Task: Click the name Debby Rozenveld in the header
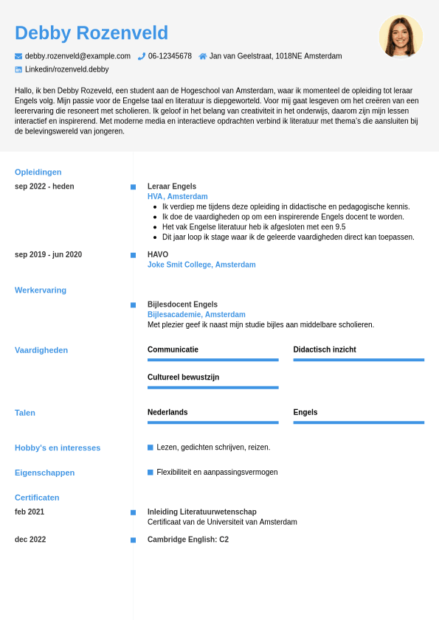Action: pos(91,33)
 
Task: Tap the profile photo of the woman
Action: pos(401,36)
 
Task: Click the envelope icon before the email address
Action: pos(18,56)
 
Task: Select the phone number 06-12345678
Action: pos(170,56)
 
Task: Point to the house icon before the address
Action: pos(203,56)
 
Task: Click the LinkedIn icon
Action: pos(18,69)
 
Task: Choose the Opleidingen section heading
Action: pos(38,172)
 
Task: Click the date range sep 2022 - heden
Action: pos(44,187)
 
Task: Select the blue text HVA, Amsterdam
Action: pos(177,197)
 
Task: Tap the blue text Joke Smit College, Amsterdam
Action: pos(201,265)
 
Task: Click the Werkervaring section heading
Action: pos(41,290)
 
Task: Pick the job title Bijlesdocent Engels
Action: pos(182,304)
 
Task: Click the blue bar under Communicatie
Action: pos(212,360)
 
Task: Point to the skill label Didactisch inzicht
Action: pos(325,349)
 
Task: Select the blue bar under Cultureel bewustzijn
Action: pos(212,387)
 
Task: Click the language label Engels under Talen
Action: pos(305,412)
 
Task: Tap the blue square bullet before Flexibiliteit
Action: pos(151,472)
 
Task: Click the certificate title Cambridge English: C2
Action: pos(188,540)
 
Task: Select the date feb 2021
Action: pos(30,512)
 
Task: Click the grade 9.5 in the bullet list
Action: pos(340,227)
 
